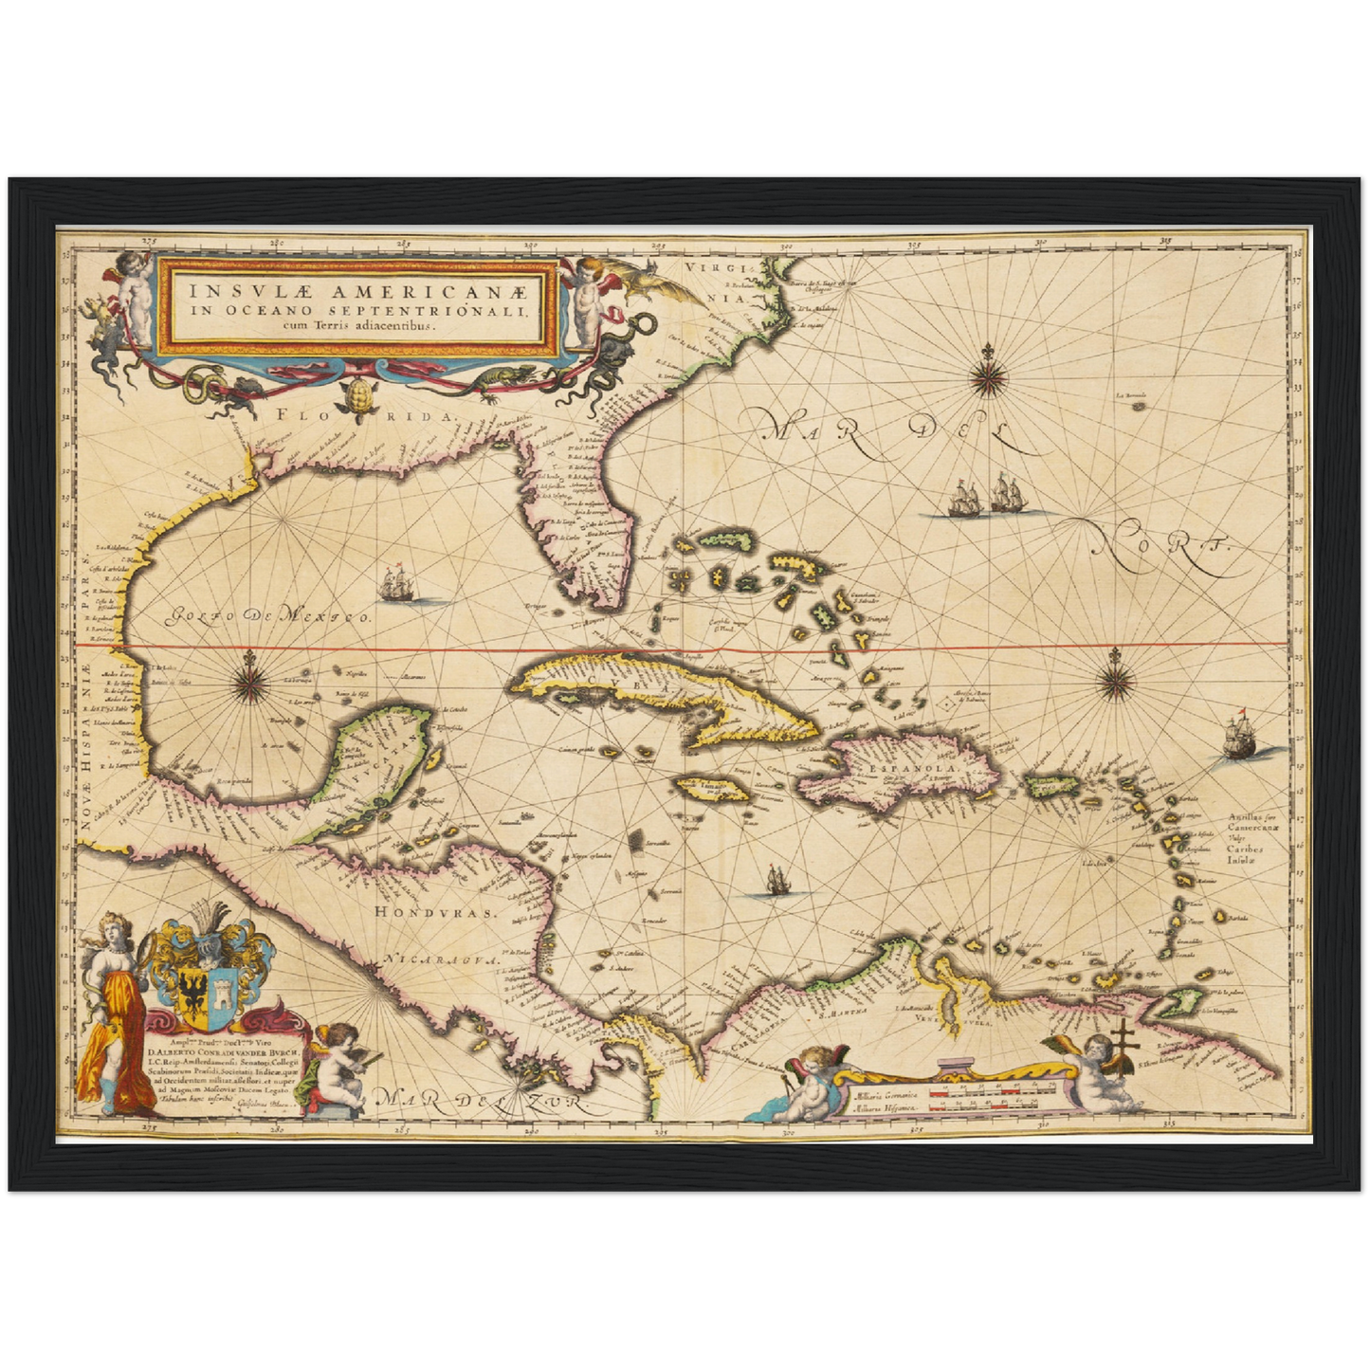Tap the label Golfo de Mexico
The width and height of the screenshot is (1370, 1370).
pyautogui.click(x=268, y=617)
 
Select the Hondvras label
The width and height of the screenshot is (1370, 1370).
pyautogui.click(x=435, y=912)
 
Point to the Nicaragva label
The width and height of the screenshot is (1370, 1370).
pyautogui.click(x=440, y=960)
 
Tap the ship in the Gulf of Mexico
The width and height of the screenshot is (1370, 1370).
pyautogui.click(x=398, y=584)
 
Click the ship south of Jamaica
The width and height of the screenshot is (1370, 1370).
pyautogui.click(x=776, y=882)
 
